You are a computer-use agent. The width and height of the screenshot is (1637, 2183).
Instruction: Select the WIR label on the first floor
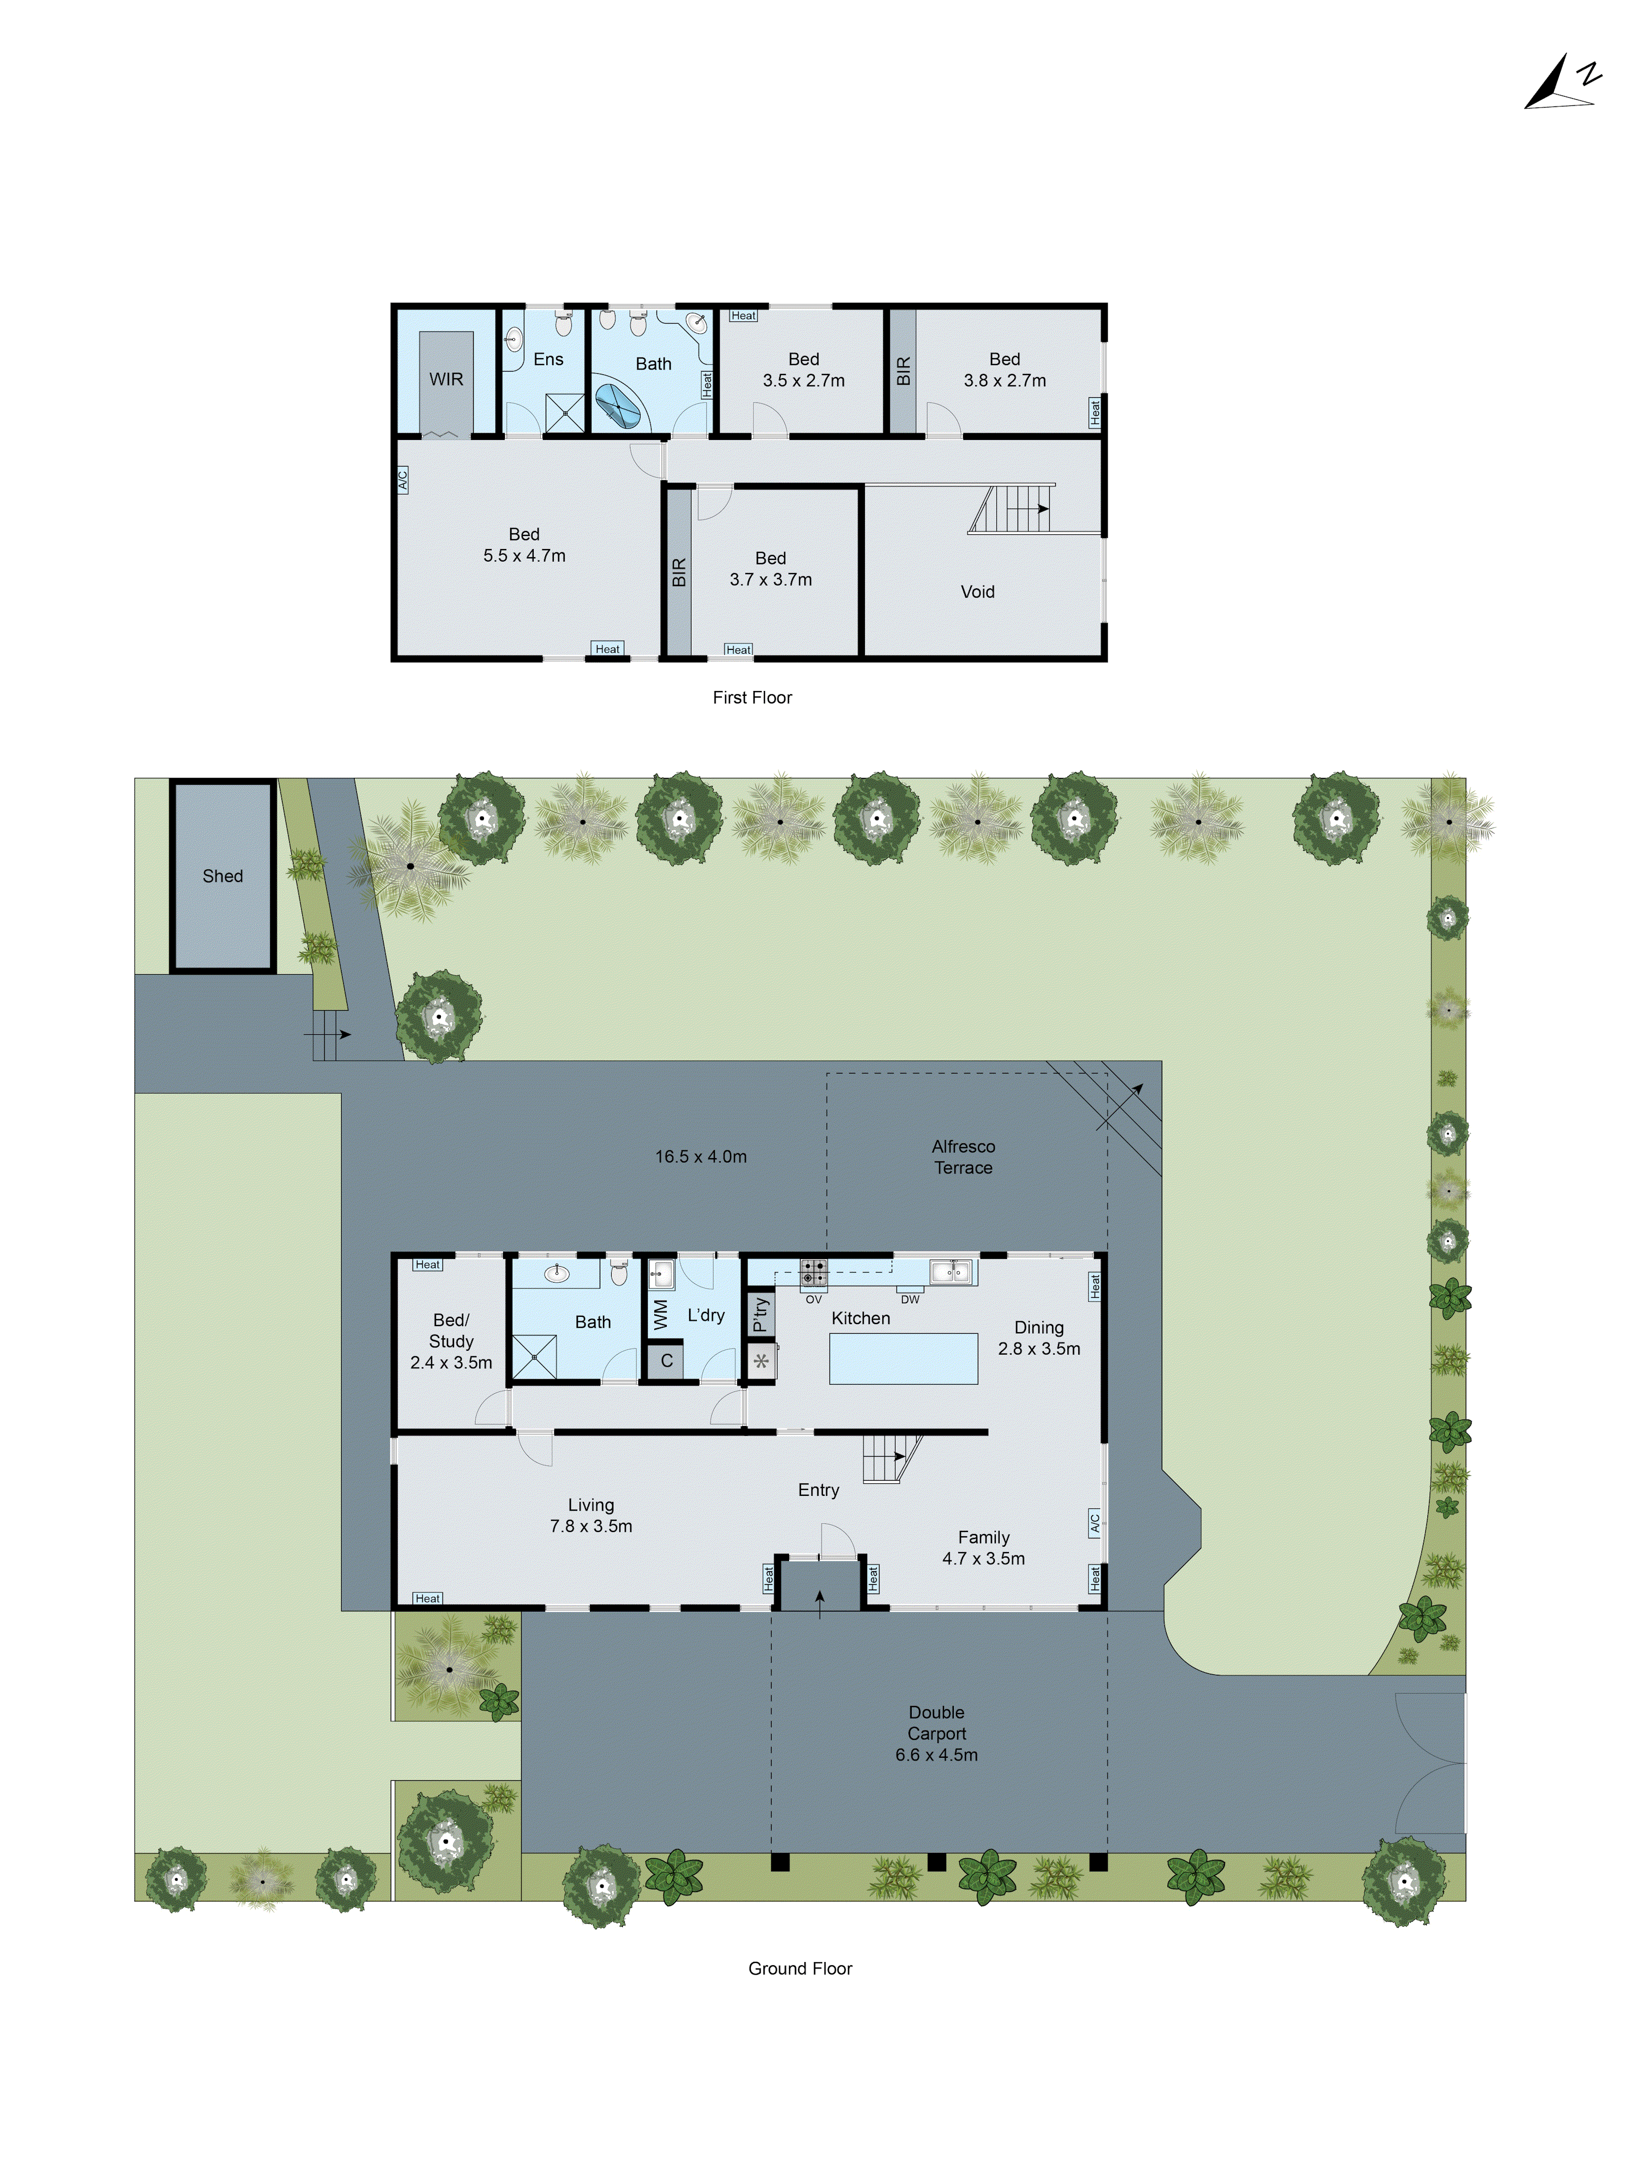coord(446,379)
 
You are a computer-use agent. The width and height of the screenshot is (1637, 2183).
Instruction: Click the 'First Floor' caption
coord(752,697)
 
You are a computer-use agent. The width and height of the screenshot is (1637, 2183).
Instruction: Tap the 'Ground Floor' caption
coord(799,1968)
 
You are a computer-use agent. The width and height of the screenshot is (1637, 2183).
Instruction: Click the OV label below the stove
coord(813,1299)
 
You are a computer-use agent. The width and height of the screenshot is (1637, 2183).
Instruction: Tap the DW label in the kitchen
coord(910,1299)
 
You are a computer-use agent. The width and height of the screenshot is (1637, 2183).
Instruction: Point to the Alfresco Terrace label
coord(963,1156)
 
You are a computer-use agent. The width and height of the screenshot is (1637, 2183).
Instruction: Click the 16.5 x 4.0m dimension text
coord(701,1156)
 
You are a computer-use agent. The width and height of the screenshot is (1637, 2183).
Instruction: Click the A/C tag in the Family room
coord(1094,1523)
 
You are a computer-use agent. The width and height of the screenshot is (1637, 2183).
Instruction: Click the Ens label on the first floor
coord(548,359)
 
